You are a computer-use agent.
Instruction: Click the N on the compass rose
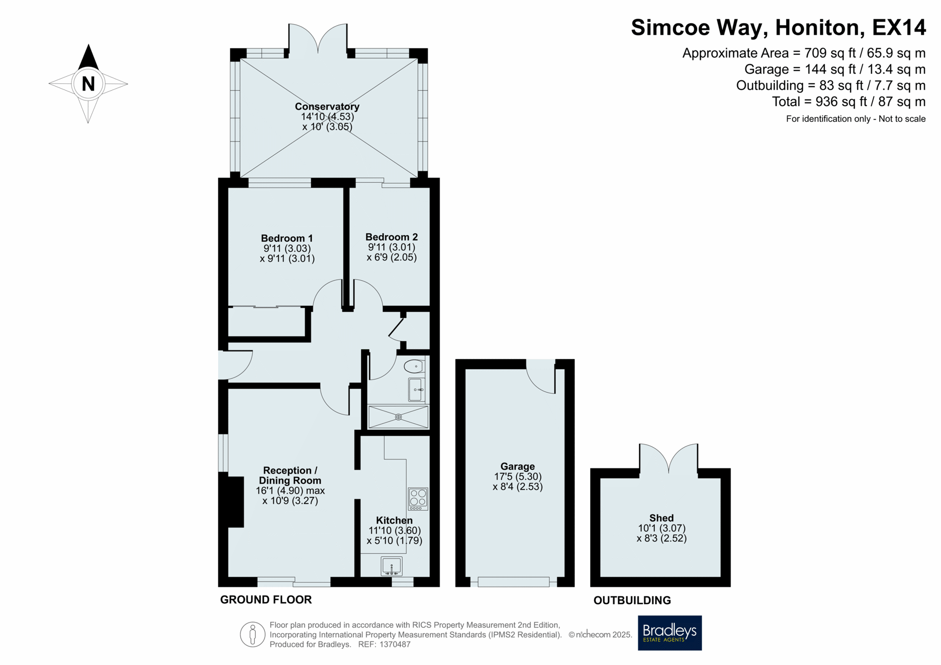[x=88, y=84]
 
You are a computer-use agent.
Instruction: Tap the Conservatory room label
[x=327, y=106]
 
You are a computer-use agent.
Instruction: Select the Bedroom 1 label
[x=287, y=238]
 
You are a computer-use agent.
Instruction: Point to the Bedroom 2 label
[x=392, y=237]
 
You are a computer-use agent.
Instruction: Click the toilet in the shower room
[x=415, y=366]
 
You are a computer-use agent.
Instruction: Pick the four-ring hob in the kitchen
[x=418, y=499]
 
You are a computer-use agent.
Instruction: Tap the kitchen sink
[x=392, y=566]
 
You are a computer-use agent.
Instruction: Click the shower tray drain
[x=398, y=417]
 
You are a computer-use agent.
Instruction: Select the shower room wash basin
[x=417, y=390]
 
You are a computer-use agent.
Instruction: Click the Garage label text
[x=518, y=466]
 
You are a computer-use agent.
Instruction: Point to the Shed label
[x=662, y=518]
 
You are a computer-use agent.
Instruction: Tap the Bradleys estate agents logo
[x=669, y=633]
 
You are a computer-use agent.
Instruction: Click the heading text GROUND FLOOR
[x=266, y=599]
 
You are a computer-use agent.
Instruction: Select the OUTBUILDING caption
[x=632, y=600]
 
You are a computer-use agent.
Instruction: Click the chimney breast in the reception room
[x=236, y=502]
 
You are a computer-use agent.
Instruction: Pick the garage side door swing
[x=541, y=377]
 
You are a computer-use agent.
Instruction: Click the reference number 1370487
[x=395, y=644]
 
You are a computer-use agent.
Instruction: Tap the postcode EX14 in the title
[x=899, y=27]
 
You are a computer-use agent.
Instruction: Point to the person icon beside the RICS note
[x=252, y=635]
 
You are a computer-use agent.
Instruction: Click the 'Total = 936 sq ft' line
[x=849, y=101]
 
